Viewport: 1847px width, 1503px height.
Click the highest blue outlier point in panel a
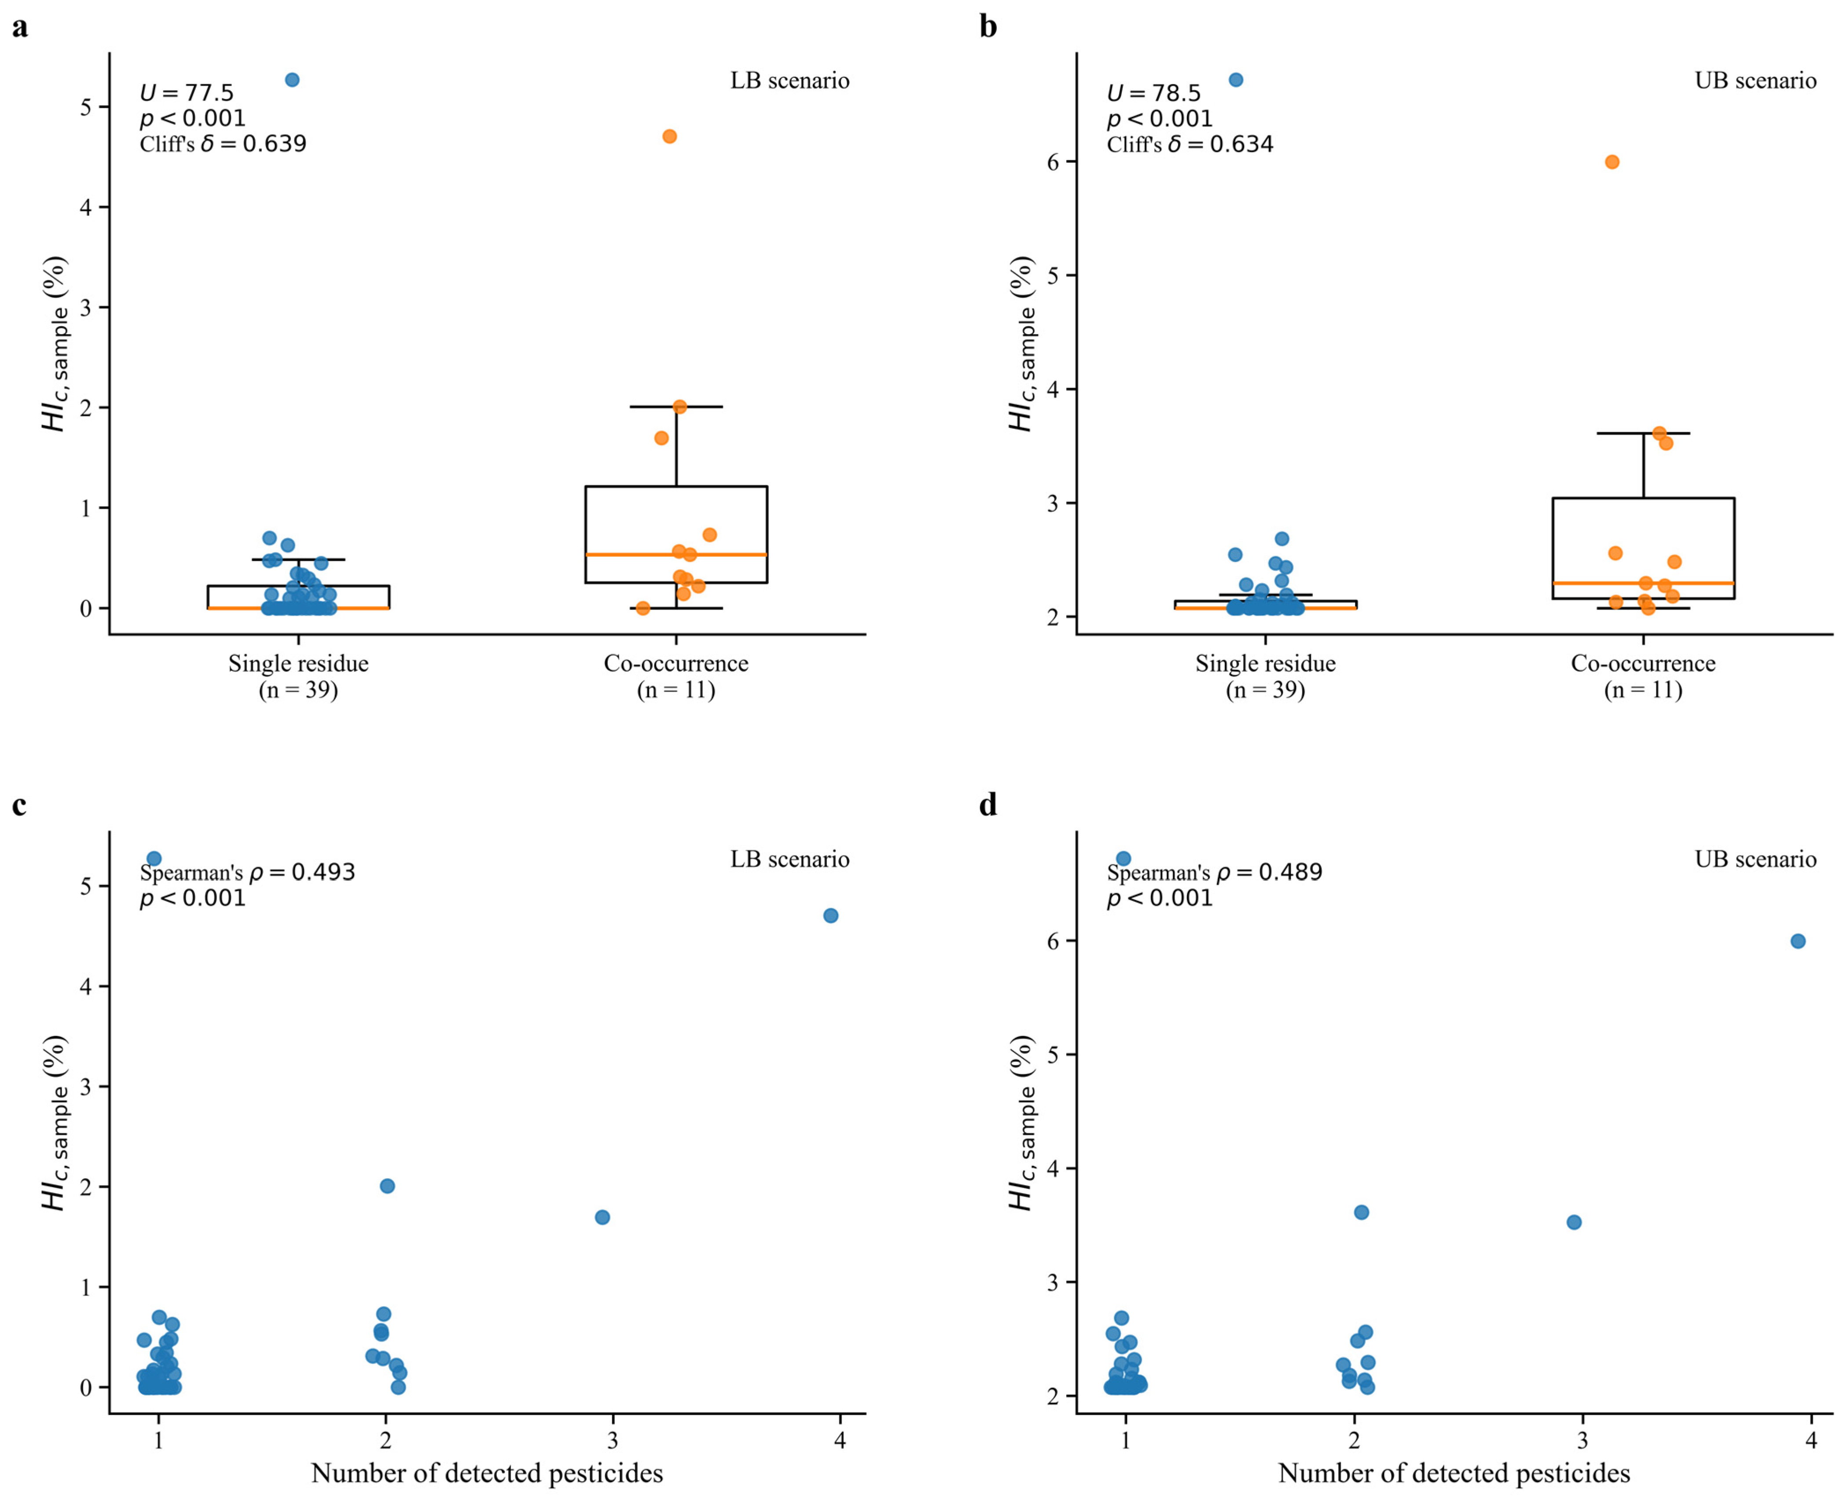(x=293, y=80)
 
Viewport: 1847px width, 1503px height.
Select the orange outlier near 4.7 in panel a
(x=669, y=136)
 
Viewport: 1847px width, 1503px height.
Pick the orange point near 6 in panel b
(x=1612, y=162)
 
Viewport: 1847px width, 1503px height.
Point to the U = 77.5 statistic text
(x=187, y=92)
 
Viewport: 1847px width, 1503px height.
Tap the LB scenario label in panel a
(x=789, y=81)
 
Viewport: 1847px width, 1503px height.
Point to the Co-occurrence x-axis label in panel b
(x=1643, y=663)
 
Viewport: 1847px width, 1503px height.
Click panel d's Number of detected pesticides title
(x=1454, y=1474)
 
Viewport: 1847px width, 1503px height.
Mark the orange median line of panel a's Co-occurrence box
(x=676, y=554)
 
